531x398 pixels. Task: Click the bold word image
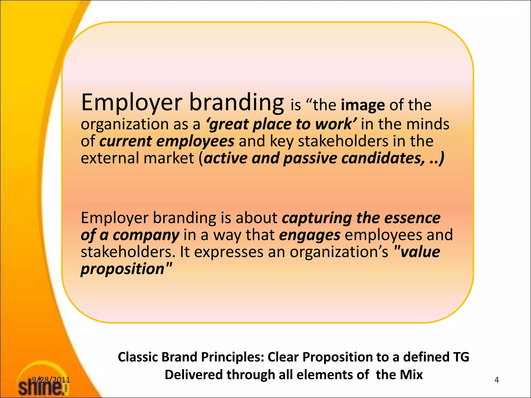(363, 105)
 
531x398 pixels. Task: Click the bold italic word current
(125, 141)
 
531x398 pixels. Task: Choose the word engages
(310, 235)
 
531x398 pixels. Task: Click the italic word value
(420, 252)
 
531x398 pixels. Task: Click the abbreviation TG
(461, 357)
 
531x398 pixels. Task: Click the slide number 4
(497, 380)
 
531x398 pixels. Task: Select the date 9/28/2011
(51, 380)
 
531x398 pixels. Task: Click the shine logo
(41, 386)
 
